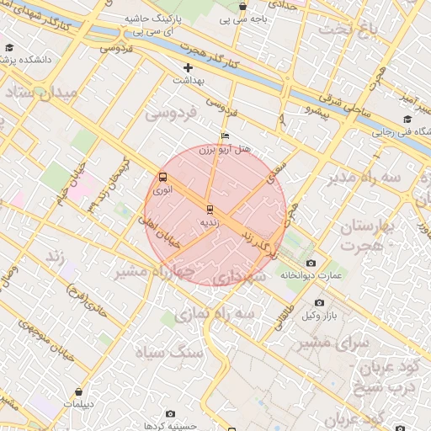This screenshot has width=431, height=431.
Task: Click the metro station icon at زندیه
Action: [209, 208]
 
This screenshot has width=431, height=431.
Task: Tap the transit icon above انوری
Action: [162, 177]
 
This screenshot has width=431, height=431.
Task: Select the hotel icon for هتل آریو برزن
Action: [224, 136]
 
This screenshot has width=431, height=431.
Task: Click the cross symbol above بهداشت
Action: [188, 67]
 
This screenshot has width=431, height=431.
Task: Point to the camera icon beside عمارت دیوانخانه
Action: [311, 263]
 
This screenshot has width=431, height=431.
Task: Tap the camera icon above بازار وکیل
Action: [319, 302]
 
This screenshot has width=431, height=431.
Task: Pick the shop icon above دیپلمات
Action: [78, 391]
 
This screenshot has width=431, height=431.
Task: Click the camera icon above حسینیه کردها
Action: [171, 414]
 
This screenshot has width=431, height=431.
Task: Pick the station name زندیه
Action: [209, 223]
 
